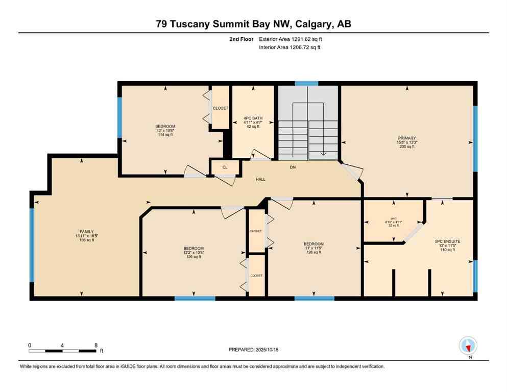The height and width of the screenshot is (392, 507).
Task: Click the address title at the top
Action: [x=253, y=24]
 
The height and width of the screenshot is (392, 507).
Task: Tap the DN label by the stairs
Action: [x=293, y=167]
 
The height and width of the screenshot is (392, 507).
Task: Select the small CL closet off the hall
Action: [x=224, y=167]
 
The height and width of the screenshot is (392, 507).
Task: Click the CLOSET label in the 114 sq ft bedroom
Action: [x=221, y=108]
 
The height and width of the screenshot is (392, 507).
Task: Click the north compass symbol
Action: [x=468, y=346]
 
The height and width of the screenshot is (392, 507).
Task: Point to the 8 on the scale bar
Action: [x=96, y=345]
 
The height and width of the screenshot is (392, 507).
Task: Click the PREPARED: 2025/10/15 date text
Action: [x=254, y=350]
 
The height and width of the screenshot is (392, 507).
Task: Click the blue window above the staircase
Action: [x=306, y=83]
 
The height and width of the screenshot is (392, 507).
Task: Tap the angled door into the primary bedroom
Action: [x=351, y=172]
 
